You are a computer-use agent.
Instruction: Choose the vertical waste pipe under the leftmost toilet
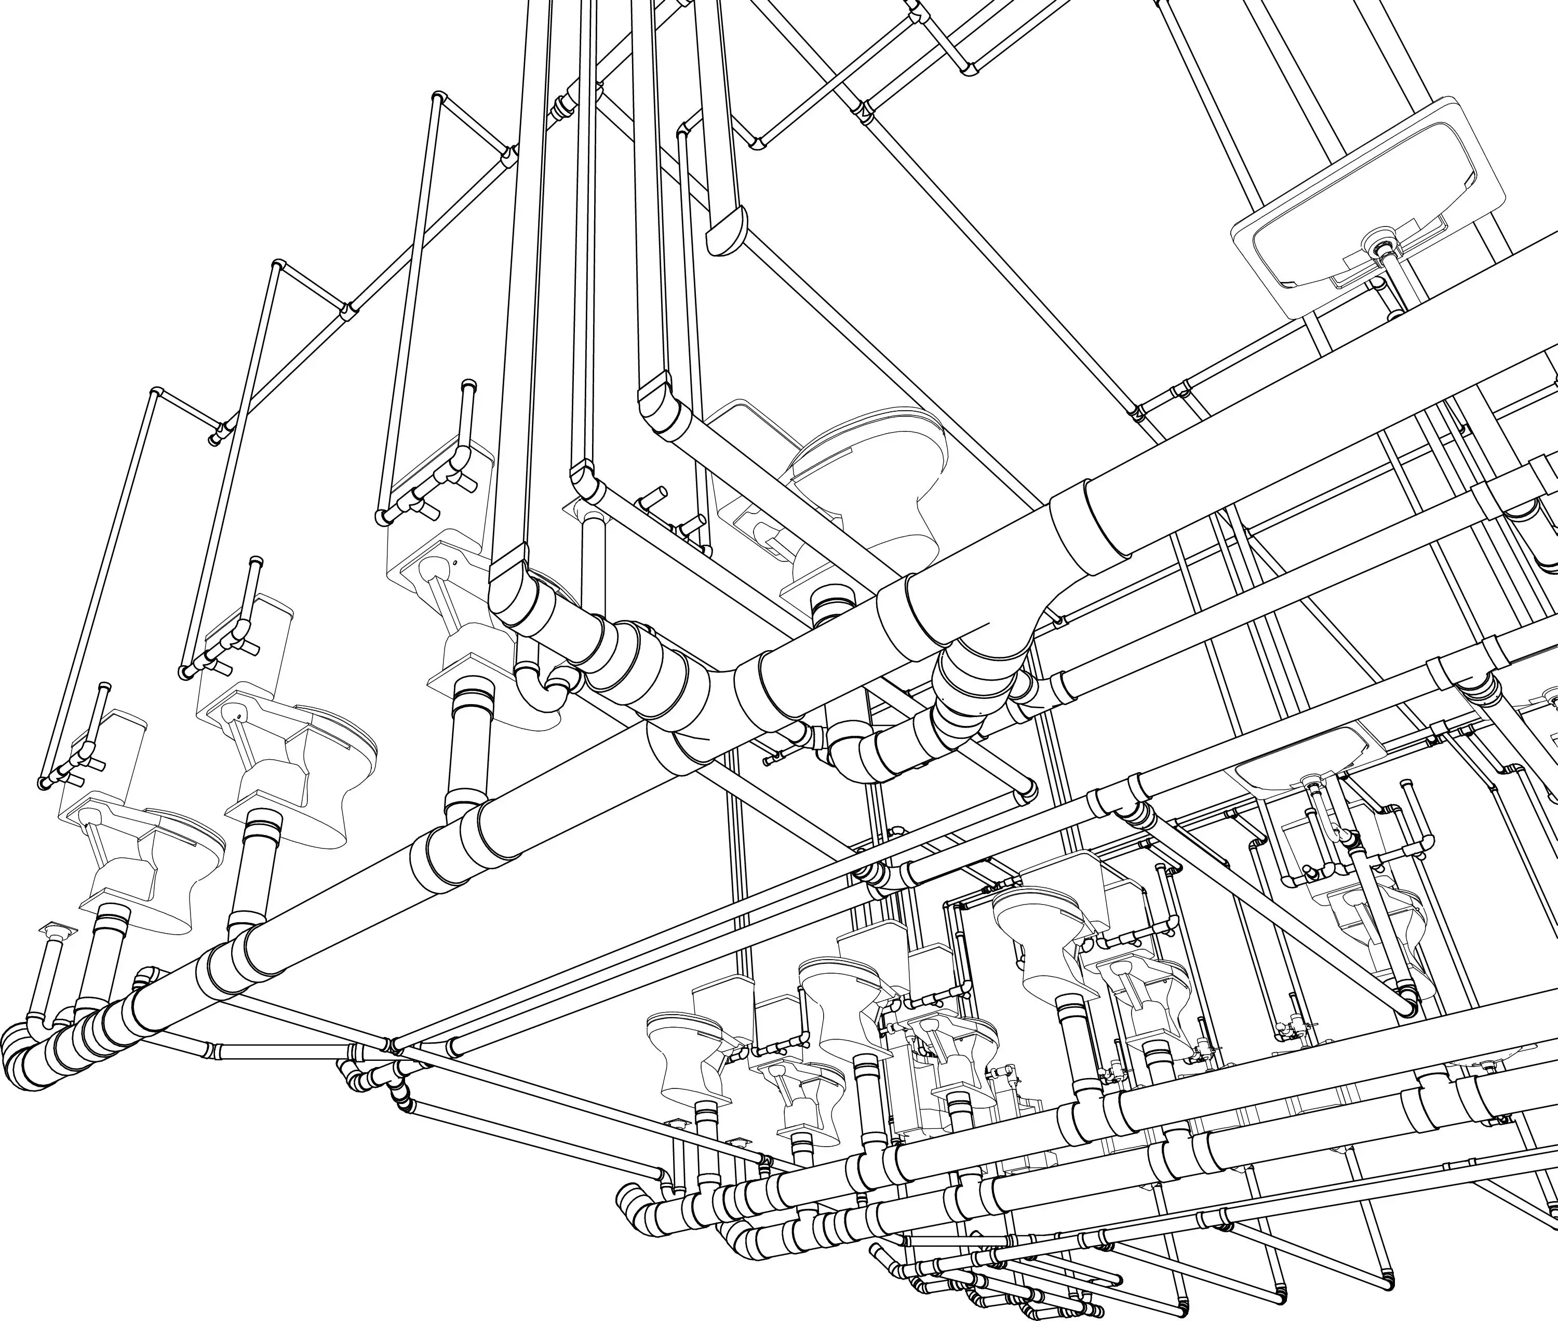pyautogui.click(x=109, y=951)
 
